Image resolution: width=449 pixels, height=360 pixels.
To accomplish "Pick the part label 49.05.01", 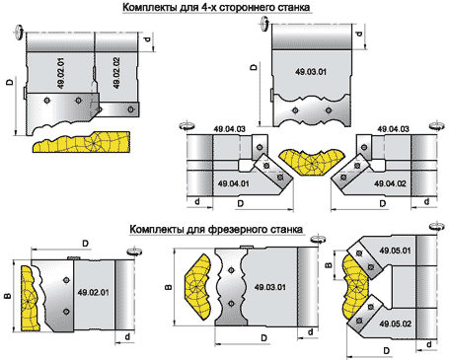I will point(391,251).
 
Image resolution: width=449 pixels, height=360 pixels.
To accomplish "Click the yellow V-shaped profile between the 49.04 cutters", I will point(305,163).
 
